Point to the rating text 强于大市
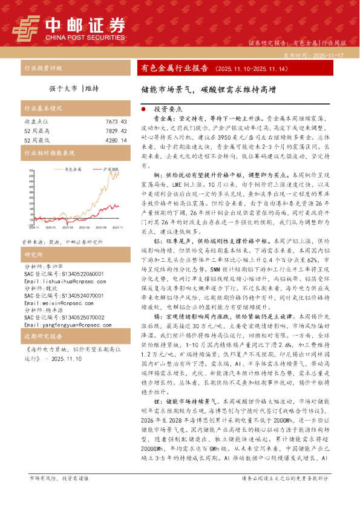tap(64, 88)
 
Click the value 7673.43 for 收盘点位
tap(116, 122)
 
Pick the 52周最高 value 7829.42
tap(116, 131)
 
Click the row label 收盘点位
tap(36, 122)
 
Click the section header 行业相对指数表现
tap(49, 154)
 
